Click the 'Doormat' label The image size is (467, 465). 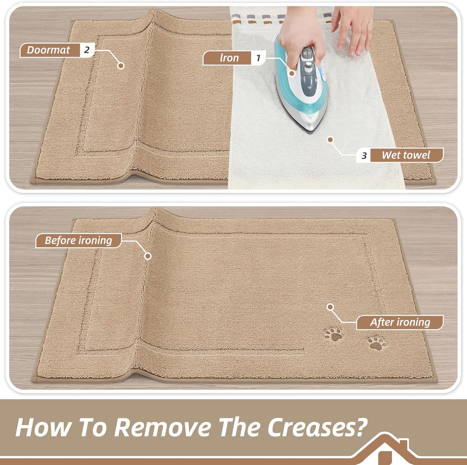point(49,50)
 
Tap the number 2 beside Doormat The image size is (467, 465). point(87,50)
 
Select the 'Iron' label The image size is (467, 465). point(229,58)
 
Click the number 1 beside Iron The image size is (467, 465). point(258,58)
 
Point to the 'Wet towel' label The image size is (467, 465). point(406,155)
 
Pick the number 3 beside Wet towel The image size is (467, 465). point(364,155)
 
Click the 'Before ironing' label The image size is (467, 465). point(78,240)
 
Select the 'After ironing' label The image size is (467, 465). point(400,322)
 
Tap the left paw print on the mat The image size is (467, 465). point(333,335)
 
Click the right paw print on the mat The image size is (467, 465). point(377,343)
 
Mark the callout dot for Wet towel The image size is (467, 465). point(331,140)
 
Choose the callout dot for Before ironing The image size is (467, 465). point(148,256)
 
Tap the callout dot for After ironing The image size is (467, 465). point(331,307)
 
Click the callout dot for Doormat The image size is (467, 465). point(121,66)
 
